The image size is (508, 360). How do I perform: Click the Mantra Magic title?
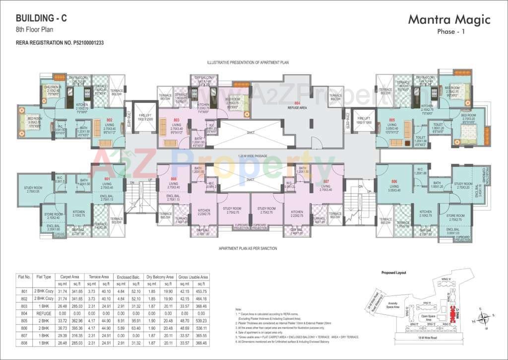[449, 20]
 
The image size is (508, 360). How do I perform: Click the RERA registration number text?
[60, 43]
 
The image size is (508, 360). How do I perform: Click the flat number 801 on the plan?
[106, 179]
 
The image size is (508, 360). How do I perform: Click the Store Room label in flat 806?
[455, 217]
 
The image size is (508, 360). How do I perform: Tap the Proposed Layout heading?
[394, 273]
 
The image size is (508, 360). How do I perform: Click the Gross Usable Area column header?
[194, 277]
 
